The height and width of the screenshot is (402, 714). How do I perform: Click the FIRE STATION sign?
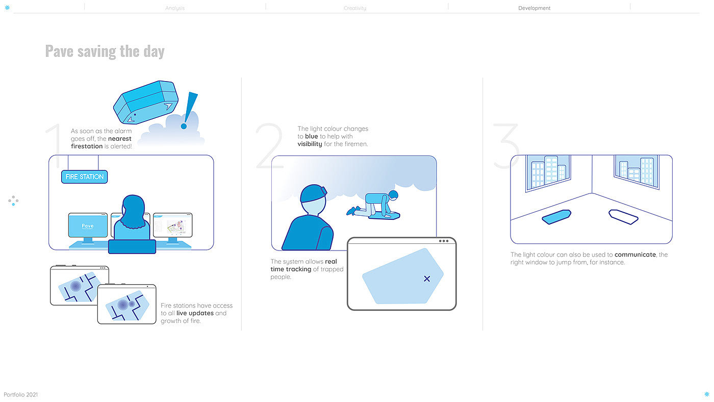pyautogui.click(x=85, y=177)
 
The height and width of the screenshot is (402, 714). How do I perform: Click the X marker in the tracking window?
pyautogui.click(x=427, y=279)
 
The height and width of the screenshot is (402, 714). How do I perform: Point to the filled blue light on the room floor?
pyautogui.click(x=556, y=217)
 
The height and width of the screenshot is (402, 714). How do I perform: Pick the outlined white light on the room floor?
pyautogui.click(x=623, y=217)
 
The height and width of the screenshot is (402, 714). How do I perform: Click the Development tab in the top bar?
pyautogui.click(x=534, y=8)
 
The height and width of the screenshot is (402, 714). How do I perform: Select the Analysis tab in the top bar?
pyautogui.click(x=175, y=8)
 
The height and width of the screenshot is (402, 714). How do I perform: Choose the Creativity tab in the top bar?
pyautogui.click(x=355, y=8)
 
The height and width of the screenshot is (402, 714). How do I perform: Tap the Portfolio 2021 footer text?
pyautogui.click(x=21, y=395)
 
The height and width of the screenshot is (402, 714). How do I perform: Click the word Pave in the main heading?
pyautogui.click(x=59, y=52)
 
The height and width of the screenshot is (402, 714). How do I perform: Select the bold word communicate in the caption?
pyautogui.click(x=635, y=255)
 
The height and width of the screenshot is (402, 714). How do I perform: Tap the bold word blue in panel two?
pyautogui.click(x=312, y=136)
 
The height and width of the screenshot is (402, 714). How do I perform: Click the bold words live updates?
pyautogui.click(x=195, y=313)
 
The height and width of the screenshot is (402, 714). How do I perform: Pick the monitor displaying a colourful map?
pyautogui.click(x=173, y=225)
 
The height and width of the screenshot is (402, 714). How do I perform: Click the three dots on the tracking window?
pyautogui.click(x=444, y=241)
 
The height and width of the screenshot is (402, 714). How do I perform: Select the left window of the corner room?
pyautogui.click(x=548, y=172)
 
